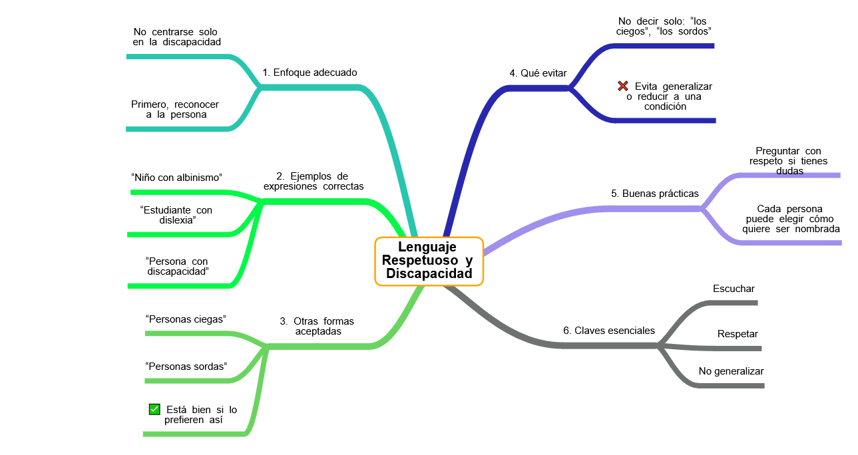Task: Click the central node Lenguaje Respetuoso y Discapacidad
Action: [x=429, y=261]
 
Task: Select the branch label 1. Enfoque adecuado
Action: [x=310, y=73]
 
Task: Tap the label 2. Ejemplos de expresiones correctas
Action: [x=314, y=182]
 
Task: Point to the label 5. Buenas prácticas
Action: [x=655, y=194]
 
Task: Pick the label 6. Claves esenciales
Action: [x=609, y=331]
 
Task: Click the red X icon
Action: [x=623, y=86]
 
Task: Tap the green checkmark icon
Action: [x=154, y=409]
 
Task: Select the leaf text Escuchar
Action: [x=734, y=289]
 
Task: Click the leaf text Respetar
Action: [x=738, y=334]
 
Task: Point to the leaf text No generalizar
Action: [x=731, y=371]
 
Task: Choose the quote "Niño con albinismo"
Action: [x=176, y=178]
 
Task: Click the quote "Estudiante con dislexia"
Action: [x=176, y=215]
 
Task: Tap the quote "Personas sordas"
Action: [x=186, y=367]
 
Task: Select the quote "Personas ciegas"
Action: [x=186, y=319]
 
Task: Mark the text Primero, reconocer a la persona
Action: [x=175, y=109]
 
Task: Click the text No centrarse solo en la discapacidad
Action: [x=176, y=37]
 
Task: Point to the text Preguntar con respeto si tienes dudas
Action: [x=789, y=161]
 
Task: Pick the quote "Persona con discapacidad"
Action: [x=177, y=266]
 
